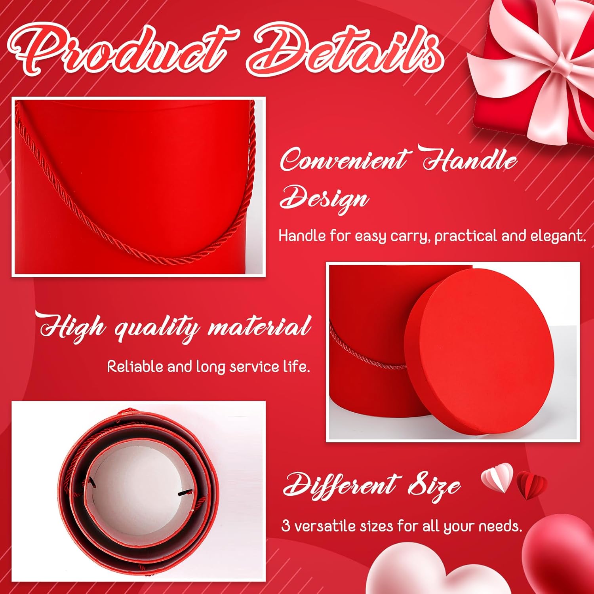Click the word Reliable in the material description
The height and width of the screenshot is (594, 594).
135,366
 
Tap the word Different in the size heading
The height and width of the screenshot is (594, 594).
340,485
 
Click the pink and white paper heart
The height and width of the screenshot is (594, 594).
497,477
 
